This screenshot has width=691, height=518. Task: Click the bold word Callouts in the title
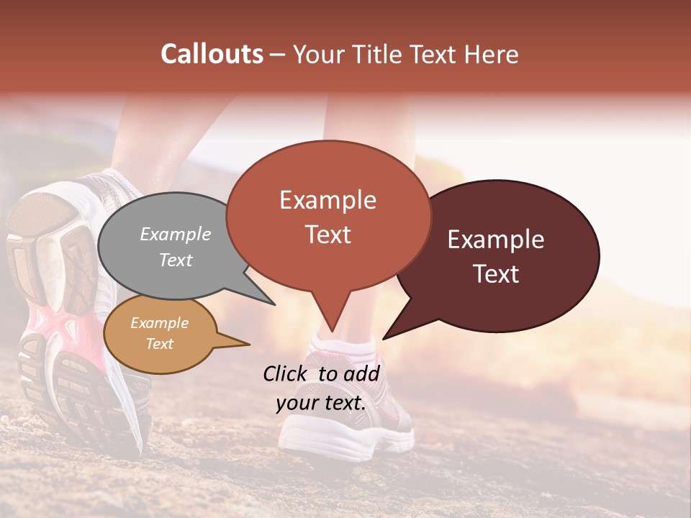point(212,54)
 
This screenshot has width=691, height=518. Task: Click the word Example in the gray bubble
point(176,234)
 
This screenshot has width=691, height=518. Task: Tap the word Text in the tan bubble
point(160,344)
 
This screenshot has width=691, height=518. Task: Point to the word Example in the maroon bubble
point(496,240)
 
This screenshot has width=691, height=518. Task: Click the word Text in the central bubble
point(328,235)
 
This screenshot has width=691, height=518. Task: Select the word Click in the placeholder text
point(285,373)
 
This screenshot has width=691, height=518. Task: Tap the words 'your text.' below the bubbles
point(320,403)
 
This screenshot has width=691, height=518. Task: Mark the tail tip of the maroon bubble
point(384,338)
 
